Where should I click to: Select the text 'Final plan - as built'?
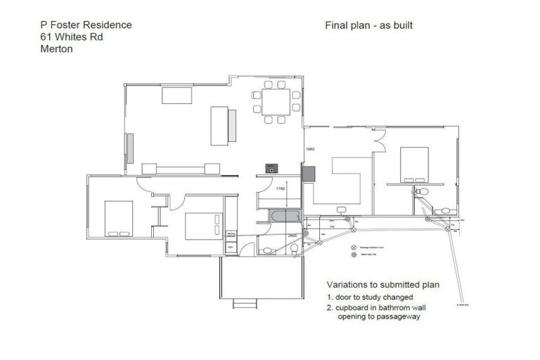coord(368,25)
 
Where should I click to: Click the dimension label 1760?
coord(280,188)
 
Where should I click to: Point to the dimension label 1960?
coord(309,149)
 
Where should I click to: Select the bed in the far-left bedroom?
coord(118,218)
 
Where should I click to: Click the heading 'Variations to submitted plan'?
coord(382,285)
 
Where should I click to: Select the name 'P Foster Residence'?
coord(86,25)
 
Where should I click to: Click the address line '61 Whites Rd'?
coord(72,37)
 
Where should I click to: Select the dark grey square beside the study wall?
coord(308,173)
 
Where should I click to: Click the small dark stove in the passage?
coord(271,167)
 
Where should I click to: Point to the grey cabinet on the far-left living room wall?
coord(129,148)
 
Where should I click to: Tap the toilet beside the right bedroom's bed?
coord(422,191)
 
